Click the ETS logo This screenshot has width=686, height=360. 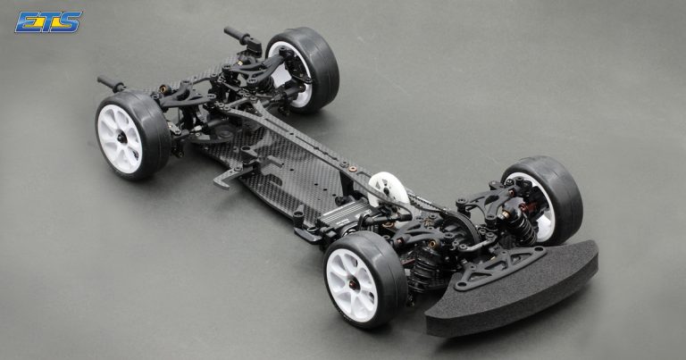(48, 21)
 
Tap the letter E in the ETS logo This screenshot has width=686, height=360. (27, 22)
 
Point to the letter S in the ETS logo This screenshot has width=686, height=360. (70, 21)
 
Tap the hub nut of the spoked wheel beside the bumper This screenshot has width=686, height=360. (353, 284)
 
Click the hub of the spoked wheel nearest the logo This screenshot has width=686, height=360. (121, 138)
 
